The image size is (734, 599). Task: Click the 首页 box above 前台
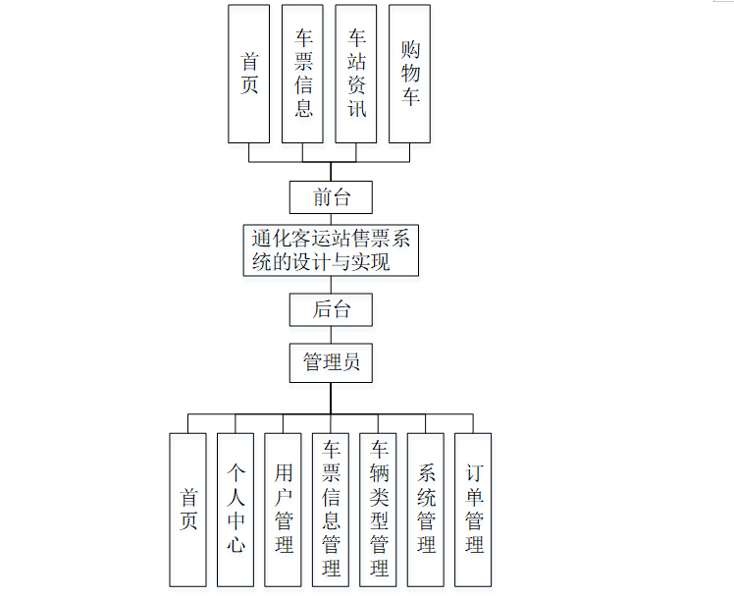[249, 74]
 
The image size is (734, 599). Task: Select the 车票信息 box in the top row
[303, 74]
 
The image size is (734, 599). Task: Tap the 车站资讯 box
[357, 74]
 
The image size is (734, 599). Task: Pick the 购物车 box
[410, 74]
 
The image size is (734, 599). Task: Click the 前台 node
[331, 196]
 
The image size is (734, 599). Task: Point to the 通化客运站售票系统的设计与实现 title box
[331, 250]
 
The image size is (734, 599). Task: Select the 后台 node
[331, 309]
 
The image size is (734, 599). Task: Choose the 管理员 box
[331, 362]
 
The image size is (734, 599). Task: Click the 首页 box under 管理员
[188, 509]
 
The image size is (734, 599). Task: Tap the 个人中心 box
[236, 509]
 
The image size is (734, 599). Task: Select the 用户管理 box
[284, 509]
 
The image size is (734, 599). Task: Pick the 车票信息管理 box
[332, 509]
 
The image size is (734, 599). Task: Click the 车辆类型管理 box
[379, 509]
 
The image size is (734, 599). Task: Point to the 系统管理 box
[427, 509]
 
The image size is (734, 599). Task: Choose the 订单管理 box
[474, 509]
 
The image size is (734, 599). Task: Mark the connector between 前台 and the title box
[331, 219]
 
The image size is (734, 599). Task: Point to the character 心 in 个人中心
[236, 543]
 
